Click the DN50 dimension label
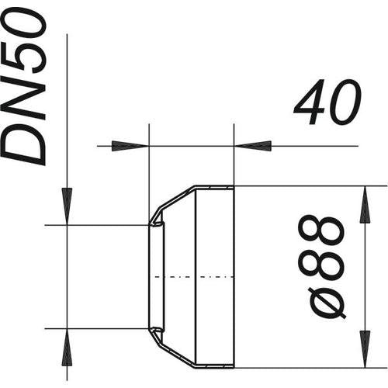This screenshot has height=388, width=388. pos(24,87)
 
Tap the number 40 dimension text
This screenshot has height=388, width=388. pos(327,102)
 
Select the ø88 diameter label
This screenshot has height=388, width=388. pos(321,267)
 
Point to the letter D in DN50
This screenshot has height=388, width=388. pos(24,145)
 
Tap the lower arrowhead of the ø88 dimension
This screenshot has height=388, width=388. pos(365,349)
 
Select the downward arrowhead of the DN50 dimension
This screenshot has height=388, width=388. pos(67,206)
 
